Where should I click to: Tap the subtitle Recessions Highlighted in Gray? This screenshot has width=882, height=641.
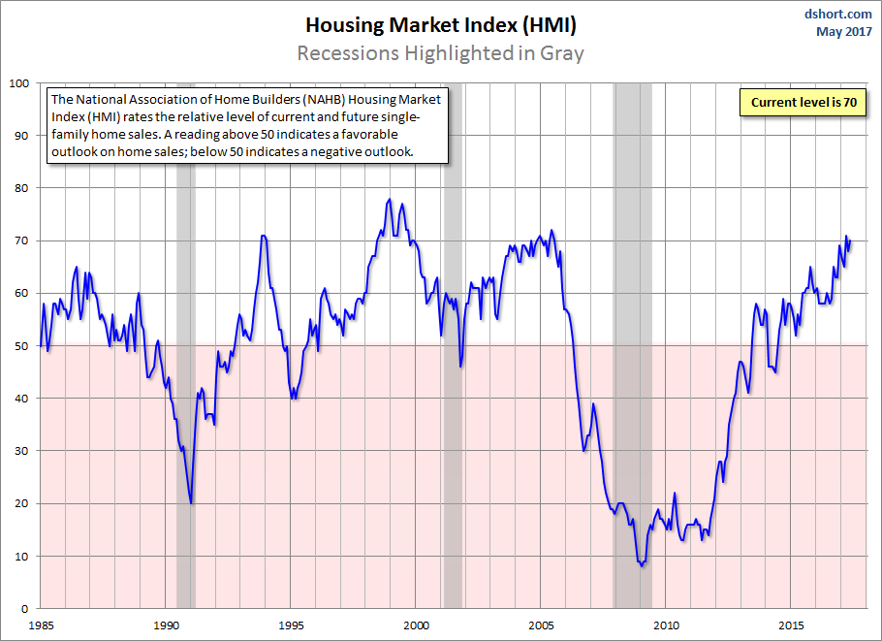tap(440, 52)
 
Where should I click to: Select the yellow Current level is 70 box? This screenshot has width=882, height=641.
tap(802, 101)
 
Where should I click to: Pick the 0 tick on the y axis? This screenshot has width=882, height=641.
tap(28, 609)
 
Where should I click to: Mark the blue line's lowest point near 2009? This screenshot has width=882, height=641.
tap(642, 565)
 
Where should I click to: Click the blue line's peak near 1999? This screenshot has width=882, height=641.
tap(390, 200)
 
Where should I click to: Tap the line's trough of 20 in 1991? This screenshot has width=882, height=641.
tap(191, 502)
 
